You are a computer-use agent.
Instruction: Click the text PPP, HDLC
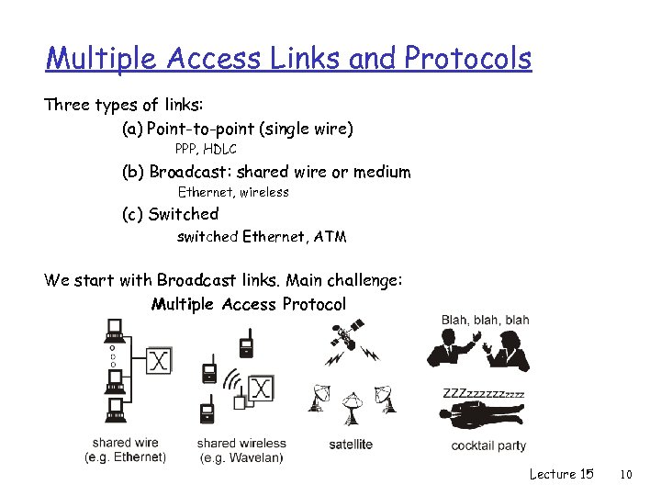(206, 149)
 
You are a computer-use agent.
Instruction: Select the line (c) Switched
(171, 214)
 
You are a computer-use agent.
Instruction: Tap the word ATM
(330, 237)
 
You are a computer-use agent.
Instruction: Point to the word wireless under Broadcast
(265, 192)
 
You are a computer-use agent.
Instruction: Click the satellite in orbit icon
(342, 341)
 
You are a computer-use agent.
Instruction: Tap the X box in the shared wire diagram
(159, 360)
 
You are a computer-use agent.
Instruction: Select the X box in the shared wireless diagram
(262, 389)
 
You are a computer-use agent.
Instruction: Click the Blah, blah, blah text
(485, 321)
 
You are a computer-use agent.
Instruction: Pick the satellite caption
(351, 445)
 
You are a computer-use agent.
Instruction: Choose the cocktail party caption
(488, 445)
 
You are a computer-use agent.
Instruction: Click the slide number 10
(627, 474)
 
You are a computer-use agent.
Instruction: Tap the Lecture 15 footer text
(561, 474)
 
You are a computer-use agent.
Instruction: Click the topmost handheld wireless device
(245, 346)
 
